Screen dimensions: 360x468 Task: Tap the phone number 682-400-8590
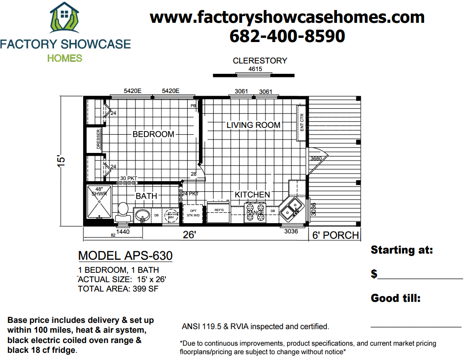coord(287,36)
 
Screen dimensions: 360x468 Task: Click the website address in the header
coord(287,17)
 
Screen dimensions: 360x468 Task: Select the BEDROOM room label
coord(153,134)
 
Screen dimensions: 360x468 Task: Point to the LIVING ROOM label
coord(253,125)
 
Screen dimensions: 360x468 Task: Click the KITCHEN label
coord(253,195)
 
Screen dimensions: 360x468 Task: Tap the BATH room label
coord(147,196)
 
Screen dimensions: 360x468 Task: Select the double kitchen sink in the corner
coord(294,207)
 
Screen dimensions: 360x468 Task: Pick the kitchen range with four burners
coord(255,212)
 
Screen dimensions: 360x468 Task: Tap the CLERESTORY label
coord(260,61)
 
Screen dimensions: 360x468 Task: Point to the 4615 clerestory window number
coord(255,69)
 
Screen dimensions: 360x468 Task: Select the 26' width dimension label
coord(189,235)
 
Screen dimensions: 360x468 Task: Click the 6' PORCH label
coord(335,235)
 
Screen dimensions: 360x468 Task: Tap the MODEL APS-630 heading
coord(125,256)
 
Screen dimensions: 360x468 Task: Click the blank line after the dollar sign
coord(420,275)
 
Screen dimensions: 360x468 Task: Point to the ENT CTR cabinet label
coord(302,122)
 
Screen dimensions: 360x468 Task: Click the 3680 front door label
coord(316,158)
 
